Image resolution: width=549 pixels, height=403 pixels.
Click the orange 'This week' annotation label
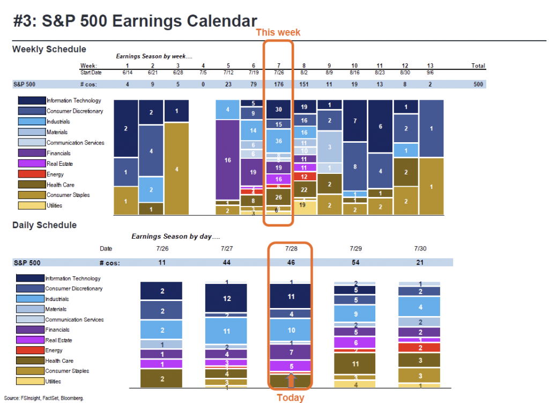pyautogui.click(x=278, y=32)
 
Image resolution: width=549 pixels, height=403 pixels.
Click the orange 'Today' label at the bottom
pyautogui.click(x=290, y=398)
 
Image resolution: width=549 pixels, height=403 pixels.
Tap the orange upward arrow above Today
pyautogui.click(x=290, y=380)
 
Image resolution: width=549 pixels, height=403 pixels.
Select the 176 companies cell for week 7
pyautogui.click(x=278, y=84)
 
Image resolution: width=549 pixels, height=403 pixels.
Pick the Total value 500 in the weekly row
pyautogui.click(x=478, y=84)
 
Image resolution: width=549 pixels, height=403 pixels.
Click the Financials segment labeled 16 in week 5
pyautogui.click(x=227, y=159)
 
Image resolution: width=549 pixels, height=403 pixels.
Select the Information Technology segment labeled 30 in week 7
pyautogui.click(x=278, y=109)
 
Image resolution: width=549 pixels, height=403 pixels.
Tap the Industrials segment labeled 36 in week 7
pyautogui.click(x=278, y=141)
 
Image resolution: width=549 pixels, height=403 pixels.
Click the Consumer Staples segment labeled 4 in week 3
pyautogui.click(x=176, y=169)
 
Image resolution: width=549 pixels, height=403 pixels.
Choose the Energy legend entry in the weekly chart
pyautogui.click(x=55, y=174)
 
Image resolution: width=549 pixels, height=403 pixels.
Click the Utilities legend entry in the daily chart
pyautogui.click(x=54, y=382)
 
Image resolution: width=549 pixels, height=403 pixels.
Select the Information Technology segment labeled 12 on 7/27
pyautogui.click(x=227, y=298)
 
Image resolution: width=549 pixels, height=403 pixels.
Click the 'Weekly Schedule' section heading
pyautogui.click(x=49, y=49)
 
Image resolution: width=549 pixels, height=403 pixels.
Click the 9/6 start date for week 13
pyautogui.click(x=430, y=72)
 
